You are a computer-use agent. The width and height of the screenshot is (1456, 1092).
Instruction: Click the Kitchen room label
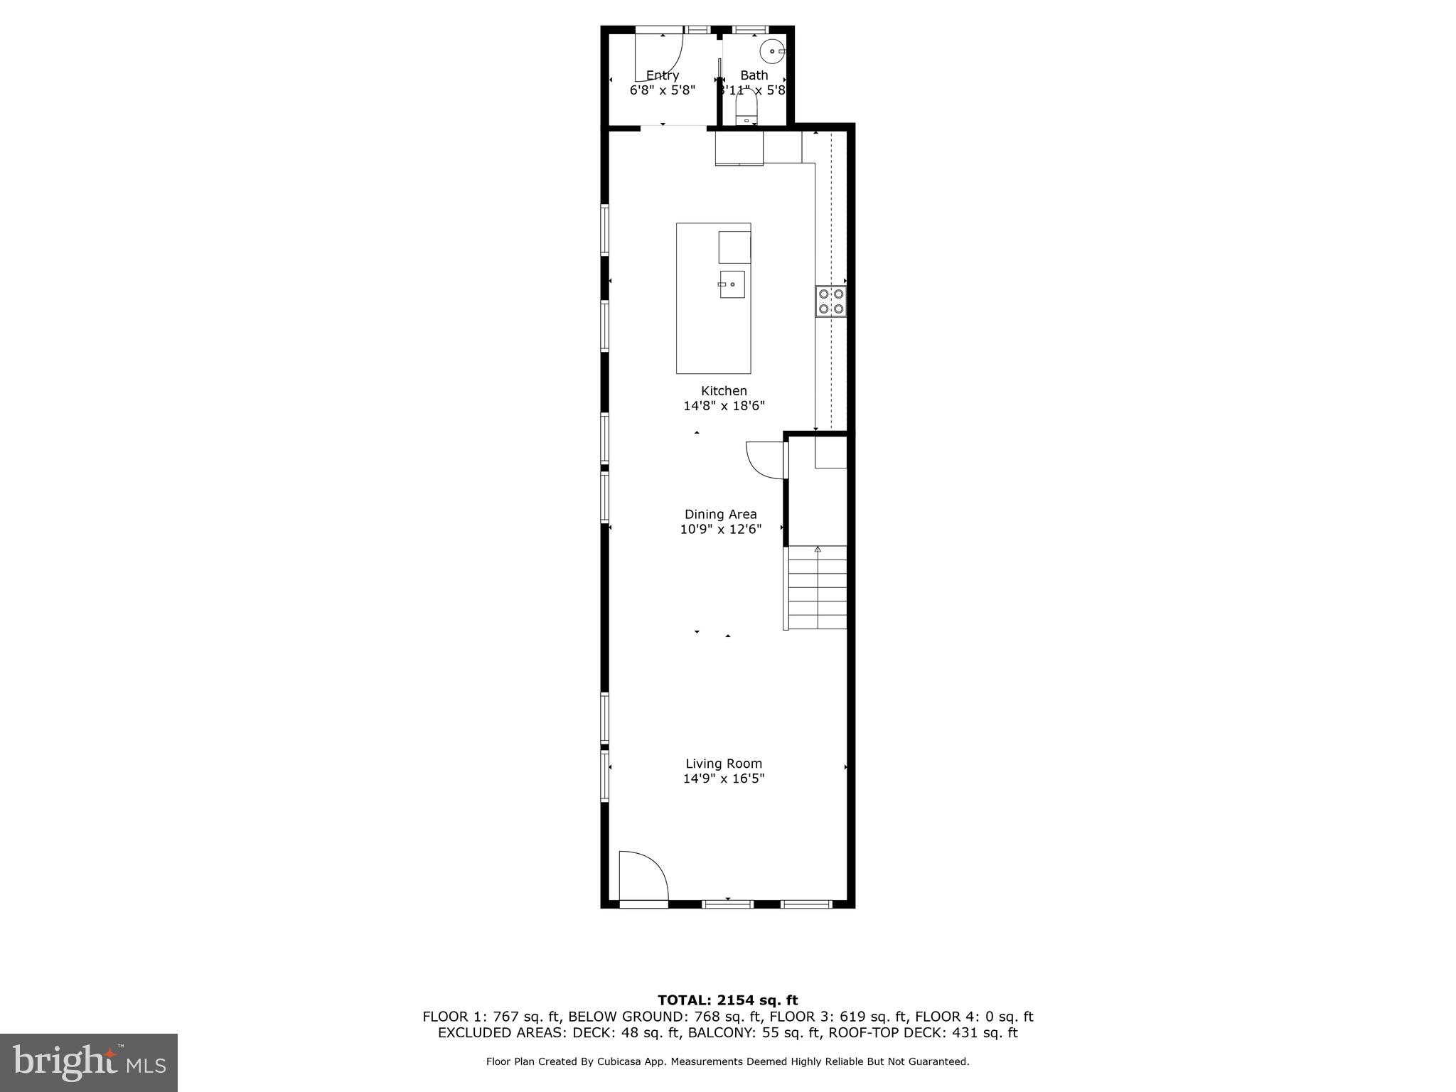(724, 390)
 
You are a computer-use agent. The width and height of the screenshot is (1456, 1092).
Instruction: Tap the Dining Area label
(720, 514)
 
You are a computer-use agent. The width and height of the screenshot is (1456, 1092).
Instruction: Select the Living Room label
(724, 764)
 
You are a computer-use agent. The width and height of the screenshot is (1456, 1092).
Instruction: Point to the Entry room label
(662, 75)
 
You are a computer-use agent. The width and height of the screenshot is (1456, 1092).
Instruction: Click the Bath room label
(754, 75)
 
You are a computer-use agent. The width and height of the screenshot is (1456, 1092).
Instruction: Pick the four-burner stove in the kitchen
(830, 301)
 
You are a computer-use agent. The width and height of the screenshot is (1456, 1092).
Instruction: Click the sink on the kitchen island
(732, 284)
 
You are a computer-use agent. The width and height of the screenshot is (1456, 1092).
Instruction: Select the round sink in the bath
(772, 52)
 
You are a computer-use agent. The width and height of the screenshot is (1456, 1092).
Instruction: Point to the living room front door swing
(643, 876)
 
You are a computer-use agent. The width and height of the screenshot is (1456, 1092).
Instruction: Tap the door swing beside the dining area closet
(764, 459)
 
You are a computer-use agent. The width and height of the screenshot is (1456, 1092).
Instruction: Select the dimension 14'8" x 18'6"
(724, 406)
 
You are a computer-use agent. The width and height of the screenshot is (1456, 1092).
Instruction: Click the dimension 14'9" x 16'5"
(724, 778)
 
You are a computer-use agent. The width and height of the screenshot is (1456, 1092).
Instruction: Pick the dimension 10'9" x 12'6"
(720, 529)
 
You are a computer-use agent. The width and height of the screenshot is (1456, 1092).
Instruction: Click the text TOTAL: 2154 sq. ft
(727, 1001)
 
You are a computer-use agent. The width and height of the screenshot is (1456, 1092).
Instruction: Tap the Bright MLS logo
(89, 1063)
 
